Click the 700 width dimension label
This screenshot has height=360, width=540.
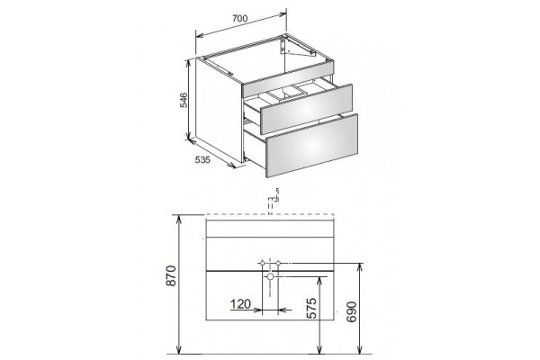[239, 18]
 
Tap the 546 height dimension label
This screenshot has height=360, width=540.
[184, 100]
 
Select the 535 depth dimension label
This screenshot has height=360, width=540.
[202, 160]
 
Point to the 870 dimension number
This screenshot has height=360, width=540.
[171, 275]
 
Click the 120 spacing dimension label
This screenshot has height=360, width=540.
[240, 304]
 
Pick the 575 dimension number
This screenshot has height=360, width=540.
[311, 309]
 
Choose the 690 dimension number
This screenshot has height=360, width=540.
[352, 311]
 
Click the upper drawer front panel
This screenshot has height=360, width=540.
[307, 109]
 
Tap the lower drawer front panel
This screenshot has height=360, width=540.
[311, 146]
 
